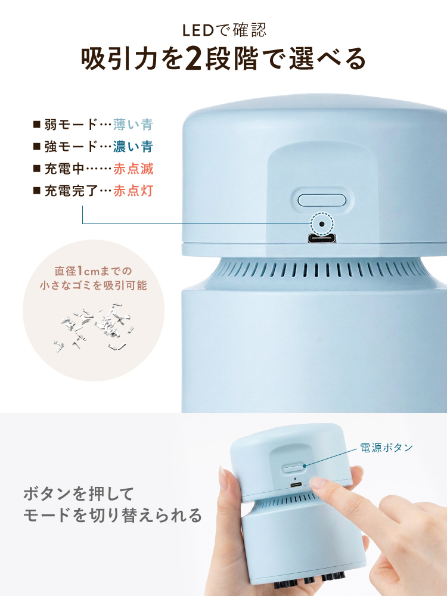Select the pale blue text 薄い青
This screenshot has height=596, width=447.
tap(133, 125)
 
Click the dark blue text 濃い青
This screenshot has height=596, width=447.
tap(133, 147)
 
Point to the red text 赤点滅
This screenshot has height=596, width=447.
tap(133, 169)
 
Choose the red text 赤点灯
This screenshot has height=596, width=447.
tap(133, 191)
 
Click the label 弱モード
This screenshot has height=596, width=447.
tap(70, 125)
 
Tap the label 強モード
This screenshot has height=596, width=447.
tap(70, 147)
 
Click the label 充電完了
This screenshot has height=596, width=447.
tap(70, 191)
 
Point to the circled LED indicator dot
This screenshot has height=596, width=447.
tap(322, 224)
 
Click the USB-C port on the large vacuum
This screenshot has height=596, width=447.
tap(322, 239)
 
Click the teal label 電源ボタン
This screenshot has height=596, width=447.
tap(386, 447)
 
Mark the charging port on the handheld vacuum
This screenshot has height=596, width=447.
tap(295, 485)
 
